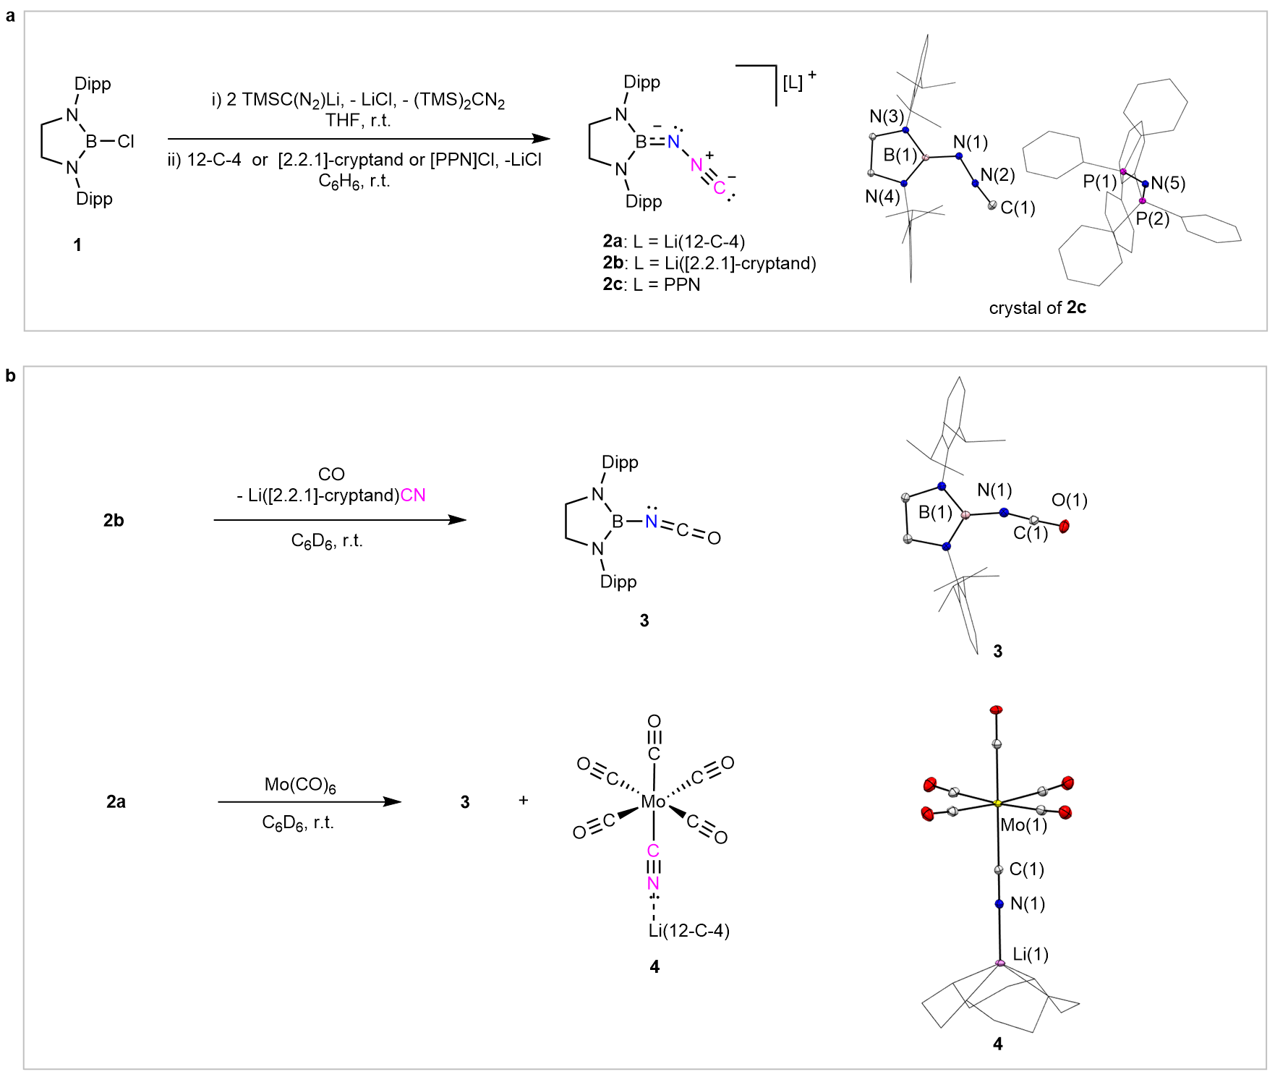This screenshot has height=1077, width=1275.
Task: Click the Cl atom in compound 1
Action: coord(126,141)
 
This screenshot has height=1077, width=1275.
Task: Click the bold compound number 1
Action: coord(77,245)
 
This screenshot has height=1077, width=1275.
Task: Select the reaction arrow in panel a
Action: coord(358,139)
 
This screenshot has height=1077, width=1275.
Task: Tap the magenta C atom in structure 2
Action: coord(719,188)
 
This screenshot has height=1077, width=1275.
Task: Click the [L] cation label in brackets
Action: coord(793,82)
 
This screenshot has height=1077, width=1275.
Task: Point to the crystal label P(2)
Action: coord(1152,218)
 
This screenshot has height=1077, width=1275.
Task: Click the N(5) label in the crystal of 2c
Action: coord(1168,183)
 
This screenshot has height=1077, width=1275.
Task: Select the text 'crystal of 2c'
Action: coord(1037,307)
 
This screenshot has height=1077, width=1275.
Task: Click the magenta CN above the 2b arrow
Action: coord(413,495)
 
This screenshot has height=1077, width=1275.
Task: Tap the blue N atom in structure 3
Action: coord(652,522)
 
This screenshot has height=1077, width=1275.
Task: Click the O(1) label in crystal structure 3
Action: coord(1069,500)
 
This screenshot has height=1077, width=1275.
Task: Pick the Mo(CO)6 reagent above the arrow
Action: coord(300,785)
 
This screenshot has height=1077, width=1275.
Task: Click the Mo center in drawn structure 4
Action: coord(653,801)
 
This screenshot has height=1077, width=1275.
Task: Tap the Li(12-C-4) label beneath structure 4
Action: coord(688,930)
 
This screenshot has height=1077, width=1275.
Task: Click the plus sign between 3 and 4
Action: coord(523,801)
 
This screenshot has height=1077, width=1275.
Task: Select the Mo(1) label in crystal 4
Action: coord(1023,825)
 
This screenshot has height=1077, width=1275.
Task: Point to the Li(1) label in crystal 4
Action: coord(1031,954)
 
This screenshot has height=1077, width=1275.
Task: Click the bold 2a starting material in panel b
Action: coord(116,801)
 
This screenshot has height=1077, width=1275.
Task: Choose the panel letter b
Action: coord(10,375)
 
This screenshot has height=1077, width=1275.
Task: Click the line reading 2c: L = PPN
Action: coord(652,285)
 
